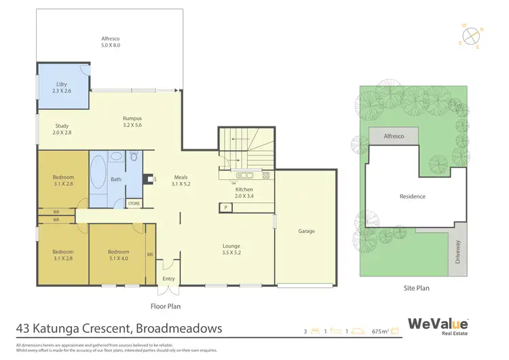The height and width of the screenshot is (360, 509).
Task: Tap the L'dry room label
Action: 62,87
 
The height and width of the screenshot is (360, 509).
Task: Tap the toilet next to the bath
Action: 134,157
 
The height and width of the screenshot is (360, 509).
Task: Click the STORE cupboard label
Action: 134,202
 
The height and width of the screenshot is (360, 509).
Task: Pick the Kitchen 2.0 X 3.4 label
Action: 244,193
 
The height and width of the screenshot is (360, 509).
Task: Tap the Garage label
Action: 306,231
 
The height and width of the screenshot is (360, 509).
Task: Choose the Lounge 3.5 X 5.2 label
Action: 231,249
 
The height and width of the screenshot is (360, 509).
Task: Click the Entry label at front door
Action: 168,278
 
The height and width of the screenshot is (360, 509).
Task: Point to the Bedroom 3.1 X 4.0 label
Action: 117,254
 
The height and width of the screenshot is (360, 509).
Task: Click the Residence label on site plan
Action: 412,197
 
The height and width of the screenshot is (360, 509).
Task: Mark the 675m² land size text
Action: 381,331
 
